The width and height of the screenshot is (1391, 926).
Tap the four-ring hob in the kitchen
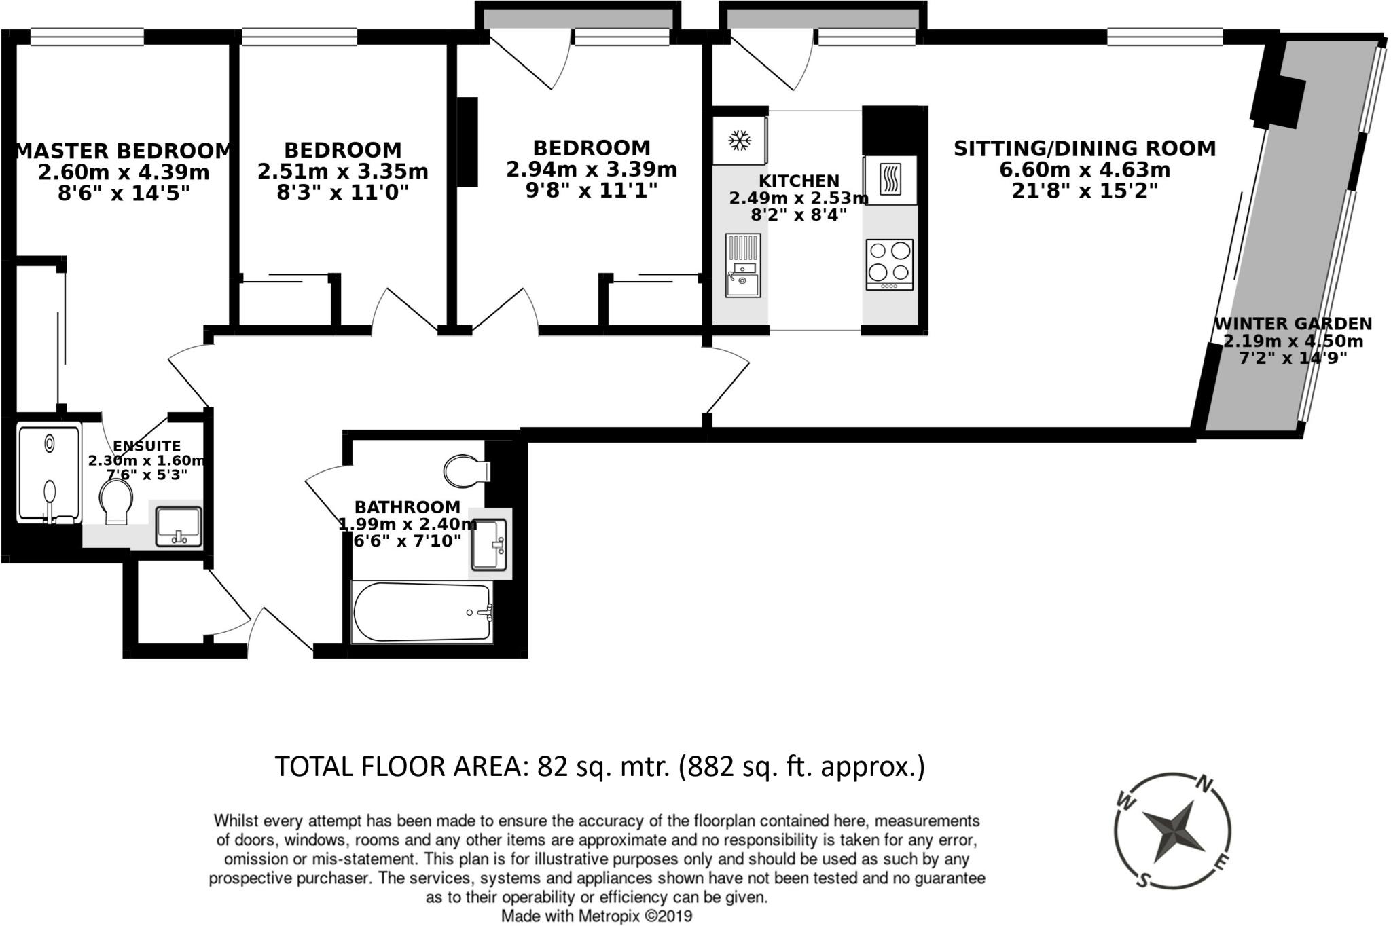coord(890,263)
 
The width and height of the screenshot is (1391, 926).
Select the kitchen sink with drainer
coord(743,265)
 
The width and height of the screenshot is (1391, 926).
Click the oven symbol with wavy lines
coord(890,180)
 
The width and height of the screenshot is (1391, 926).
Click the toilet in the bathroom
coord(466,470)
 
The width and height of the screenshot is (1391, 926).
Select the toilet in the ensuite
coord(115,501)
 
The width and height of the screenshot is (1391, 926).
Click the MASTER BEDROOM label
coord(123,151)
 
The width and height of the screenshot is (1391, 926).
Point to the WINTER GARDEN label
coord(1293,324)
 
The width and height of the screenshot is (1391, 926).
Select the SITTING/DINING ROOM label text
coord(1084,149)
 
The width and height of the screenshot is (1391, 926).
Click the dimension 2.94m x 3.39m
coord(591,169)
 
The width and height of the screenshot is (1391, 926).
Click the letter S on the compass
coord(1143,881)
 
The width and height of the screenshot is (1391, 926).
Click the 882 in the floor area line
coord(712,766)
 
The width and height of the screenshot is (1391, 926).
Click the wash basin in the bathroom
coord(490,544)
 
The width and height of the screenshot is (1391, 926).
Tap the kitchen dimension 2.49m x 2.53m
coord(799,198)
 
